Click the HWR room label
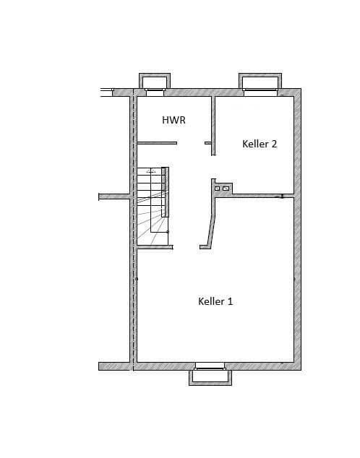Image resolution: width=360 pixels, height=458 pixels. click(x=173, y=120)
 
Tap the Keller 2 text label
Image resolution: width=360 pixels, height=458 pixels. click(x=260, y=144)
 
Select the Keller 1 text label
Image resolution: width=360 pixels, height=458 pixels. click(x=215, y=301)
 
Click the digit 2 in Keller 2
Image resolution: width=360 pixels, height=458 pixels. click(x=274, y=144)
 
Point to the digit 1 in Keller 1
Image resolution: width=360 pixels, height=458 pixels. click(x=230, y=301)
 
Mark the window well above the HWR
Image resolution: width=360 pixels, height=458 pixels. click(x=154, y=82)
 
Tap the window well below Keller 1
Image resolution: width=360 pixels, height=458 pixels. click(x=210, y=376)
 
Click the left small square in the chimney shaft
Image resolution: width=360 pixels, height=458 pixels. click(x=217, y=189)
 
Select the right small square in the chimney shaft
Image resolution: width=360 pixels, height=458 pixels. click(x=226, y=189)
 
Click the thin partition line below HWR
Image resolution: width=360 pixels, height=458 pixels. click(x=157, y=143)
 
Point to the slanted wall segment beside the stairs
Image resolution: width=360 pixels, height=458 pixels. click(x=208, y=224)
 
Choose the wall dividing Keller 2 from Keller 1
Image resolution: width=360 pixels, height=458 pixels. click(x=257, y=195)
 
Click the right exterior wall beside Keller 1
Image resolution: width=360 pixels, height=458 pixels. click(x=297, y=282)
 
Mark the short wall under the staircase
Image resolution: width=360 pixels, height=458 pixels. click(x=155, y=247)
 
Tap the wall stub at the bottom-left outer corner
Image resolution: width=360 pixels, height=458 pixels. click(x=113, y=366)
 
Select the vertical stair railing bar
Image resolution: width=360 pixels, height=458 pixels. click(x=165, y=191)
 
